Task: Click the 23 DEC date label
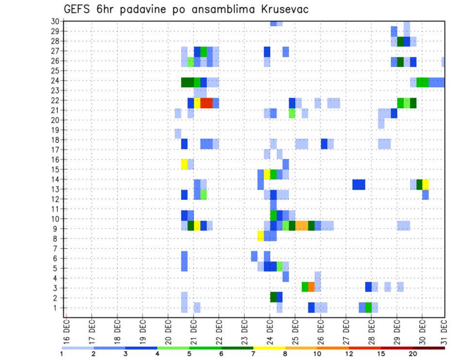[x=244, y=328]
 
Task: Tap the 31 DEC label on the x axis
[x=444, y=328]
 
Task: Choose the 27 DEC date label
[x=346, y=328]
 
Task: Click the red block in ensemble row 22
[x=206, y=103]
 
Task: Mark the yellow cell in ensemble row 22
[x=197, y=103]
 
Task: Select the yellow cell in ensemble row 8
[x=261, y=236]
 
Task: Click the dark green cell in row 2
[x=273, y=297]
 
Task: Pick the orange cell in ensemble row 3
[x=311, y=287]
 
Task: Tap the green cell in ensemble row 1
[x=368, y=307]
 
